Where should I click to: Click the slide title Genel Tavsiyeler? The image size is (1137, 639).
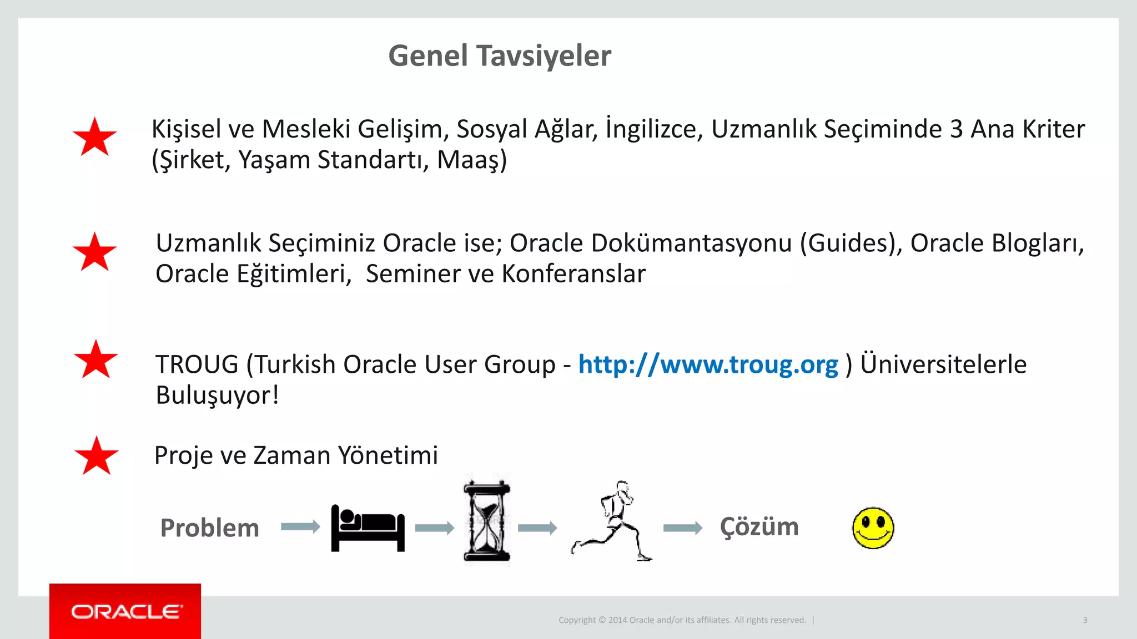pos(500,56)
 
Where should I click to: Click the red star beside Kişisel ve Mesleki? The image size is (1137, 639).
pos(95,138)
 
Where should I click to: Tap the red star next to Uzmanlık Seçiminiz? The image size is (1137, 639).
pos(95,252)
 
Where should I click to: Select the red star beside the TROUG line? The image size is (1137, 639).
pos(96,360)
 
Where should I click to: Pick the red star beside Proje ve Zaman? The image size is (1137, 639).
pos(97,457)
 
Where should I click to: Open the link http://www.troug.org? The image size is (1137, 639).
pos(708,365)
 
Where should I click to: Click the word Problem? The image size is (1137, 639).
pos(209,528)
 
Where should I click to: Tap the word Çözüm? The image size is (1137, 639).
pos(759,526)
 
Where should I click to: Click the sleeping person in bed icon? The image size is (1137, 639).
pos(368,528)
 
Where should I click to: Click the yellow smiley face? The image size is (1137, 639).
pos(873,528)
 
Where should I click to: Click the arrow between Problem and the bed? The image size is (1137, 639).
pos(300,526)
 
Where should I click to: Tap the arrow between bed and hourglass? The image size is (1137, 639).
pos(434,528)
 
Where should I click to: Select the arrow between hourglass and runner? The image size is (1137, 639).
pos(537,528)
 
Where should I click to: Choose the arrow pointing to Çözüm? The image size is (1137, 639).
pos(682,528)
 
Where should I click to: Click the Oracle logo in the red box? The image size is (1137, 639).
pos(125,612)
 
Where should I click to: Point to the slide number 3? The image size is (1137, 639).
pos(1085,620)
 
